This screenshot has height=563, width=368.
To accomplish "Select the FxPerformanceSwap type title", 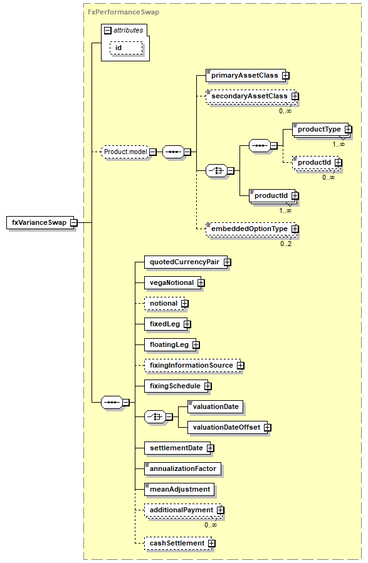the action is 124,12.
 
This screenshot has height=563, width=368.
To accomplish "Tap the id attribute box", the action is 126,48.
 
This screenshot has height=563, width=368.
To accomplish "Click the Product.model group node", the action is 125,152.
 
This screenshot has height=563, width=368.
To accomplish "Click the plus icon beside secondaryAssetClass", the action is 295,96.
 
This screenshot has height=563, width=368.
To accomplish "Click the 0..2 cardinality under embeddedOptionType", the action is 286,244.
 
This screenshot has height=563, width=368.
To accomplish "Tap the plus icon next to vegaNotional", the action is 201,283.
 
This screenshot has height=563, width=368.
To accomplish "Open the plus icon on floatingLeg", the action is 196,345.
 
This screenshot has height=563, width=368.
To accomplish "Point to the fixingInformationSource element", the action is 192,366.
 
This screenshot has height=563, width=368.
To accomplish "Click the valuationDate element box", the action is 215,407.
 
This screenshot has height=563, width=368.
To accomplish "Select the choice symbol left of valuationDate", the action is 155,417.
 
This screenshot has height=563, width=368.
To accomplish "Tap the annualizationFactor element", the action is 182,469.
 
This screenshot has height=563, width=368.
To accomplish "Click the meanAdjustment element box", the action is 179,489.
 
